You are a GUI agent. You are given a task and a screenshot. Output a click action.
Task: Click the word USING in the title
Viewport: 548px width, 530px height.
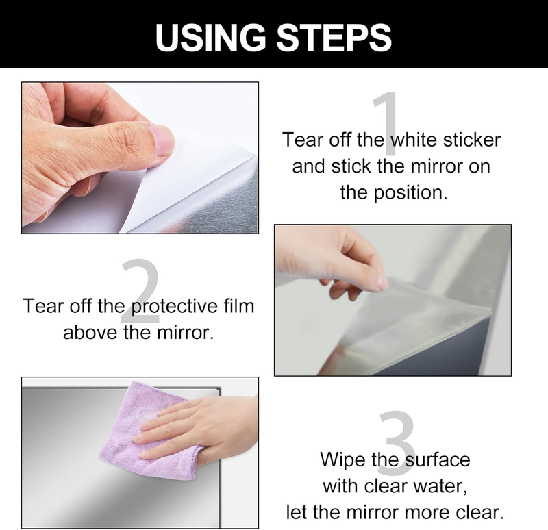[x=210, y=38]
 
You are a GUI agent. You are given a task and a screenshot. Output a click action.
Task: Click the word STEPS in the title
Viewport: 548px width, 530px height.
[x=334, y=38]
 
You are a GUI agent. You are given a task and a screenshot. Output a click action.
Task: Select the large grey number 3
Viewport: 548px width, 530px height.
[x=397, y=442]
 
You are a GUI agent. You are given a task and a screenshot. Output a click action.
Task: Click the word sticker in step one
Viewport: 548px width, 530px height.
[x=472, y=140]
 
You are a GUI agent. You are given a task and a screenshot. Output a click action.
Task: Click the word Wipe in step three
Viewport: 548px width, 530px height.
[x=342, y=459]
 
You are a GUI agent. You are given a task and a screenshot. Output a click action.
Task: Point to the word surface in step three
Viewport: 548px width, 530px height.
[x=438, y=459]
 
